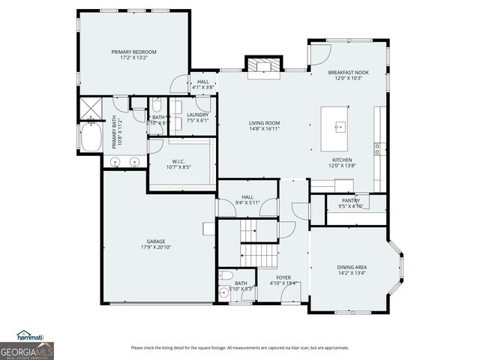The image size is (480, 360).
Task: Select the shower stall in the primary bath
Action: (x=91, y=109)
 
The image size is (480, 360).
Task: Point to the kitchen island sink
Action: (x=338, y=125)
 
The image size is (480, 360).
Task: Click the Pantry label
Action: (x=350, y=200)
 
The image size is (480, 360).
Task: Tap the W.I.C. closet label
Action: (x=178, y=161)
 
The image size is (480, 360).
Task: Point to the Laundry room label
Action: (x=197, y=114)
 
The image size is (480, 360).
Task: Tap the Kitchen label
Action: (x=342, y=160)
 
